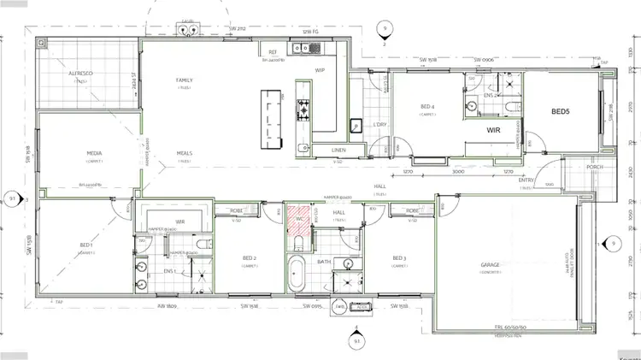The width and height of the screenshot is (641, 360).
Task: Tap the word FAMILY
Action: pyautogui.click(x=184, y=80)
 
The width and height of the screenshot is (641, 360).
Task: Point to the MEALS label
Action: pyautogui.click(x=184, y=153)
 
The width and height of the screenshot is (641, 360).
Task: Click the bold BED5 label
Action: pyautogui.click(x=560, y=111)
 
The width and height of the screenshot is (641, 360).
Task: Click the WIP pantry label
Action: pyautogui.click(x=320, y=70)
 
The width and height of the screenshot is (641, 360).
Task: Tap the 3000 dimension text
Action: pyautogui.click(x=458, y=172)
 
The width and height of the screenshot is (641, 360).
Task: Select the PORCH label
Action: pyautogui.click(x=594, y=167)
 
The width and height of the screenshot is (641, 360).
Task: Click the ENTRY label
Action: pyautogui.click(x=526, y=180)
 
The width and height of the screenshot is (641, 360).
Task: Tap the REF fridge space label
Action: pyautogui.click(x=273, y=52)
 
